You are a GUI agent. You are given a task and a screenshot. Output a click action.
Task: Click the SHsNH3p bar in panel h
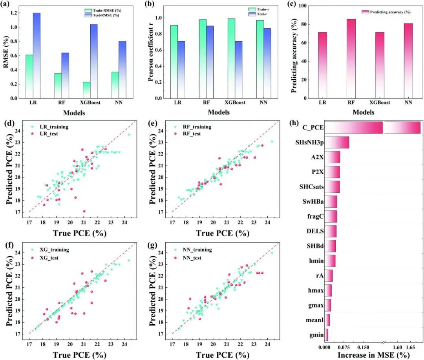[336, 143]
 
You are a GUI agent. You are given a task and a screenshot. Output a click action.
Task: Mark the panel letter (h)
[295, 123]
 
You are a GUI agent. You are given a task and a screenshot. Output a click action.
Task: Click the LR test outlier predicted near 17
[84, 211]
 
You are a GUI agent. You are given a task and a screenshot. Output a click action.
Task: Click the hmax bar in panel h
[328, 291]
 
